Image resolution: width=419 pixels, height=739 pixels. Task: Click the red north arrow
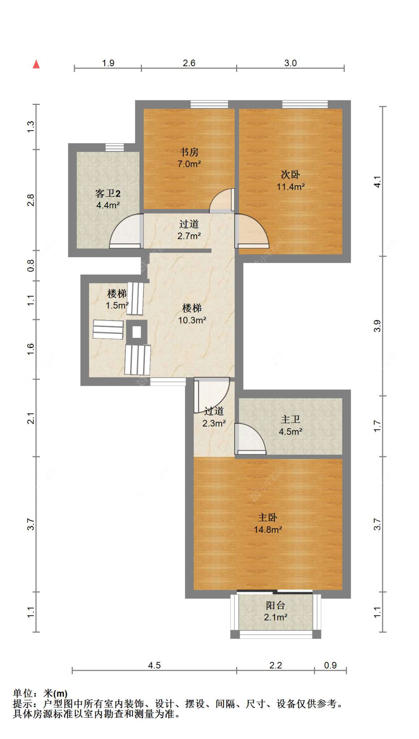coord(36,64)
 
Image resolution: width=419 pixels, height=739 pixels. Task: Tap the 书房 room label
coord(189,158)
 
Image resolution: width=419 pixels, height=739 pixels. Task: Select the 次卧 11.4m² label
coord(291,180)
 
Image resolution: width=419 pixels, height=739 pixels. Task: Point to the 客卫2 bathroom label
coord(108,199)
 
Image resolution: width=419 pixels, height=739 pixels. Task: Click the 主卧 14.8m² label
coord(268,524)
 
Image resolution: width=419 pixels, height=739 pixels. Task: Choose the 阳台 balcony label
coord(276,611)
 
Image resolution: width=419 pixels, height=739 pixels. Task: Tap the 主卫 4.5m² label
coord(291,425)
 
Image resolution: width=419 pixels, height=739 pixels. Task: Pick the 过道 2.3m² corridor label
coord(214,417)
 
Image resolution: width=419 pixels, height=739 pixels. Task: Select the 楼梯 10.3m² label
coord(192,314)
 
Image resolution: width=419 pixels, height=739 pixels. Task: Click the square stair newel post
coord(137,332)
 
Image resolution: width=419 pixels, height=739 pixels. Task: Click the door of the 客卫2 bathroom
coord(126,231)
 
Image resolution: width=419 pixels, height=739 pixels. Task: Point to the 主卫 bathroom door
coord(250,439)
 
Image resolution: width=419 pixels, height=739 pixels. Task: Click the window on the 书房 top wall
coord(209,104)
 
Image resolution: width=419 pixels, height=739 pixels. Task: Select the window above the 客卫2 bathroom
coord(114,147)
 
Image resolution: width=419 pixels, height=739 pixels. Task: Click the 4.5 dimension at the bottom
coord(154,665)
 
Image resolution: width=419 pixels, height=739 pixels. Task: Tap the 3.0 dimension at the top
coord(291,63)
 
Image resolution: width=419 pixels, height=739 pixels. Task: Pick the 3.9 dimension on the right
coord(377,326)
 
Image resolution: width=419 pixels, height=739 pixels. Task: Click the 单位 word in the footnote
coord(23,693)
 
